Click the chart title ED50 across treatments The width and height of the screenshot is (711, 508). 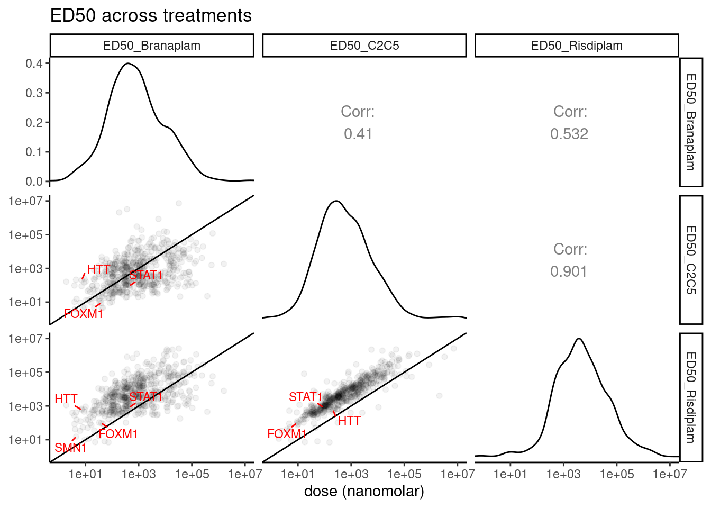[x=151, y=15]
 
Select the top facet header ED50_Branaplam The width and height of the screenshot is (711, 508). [x=152, y=46]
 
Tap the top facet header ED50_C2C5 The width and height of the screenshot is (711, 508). [x=364, y=46]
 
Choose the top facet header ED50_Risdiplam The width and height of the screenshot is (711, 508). [x=577, y=46]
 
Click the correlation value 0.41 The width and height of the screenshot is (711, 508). [x=358, y=134]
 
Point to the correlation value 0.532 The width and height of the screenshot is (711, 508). [x=569, y=134]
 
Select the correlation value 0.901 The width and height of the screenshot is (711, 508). [x=569, y=271]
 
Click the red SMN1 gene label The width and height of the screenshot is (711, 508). [x=70, y=448]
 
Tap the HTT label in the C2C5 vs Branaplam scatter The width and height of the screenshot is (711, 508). [x=99, y=269]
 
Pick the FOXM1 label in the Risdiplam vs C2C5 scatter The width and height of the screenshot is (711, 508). [x=287, y=434]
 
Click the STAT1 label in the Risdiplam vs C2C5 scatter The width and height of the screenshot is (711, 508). [x=305, y=397]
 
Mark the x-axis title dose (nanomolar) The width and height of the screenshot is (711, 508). [x=364, y=491]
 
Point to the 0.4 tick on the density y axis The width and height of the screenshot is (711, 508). [x=34, y=63]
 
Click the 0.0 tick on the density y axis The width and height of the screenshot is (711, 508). [x=34, y=182]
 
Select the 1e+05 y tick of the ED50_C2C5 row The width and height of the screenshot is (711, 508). [x=25, y=235]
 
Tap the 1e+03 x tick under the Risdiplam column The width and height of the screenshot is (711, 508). [x=563, y=474]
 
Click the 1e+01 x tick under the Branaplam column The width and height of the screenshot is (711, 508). [x=85, y=474]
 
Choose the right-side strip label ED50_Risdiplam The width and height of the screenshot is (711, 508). [x=690, y=397]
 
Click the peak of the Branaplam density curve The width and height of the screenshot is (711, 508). [x=127, y=63]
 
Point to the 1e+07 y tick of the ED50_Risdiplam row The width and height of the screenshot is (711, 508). [x=25, y=339]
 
